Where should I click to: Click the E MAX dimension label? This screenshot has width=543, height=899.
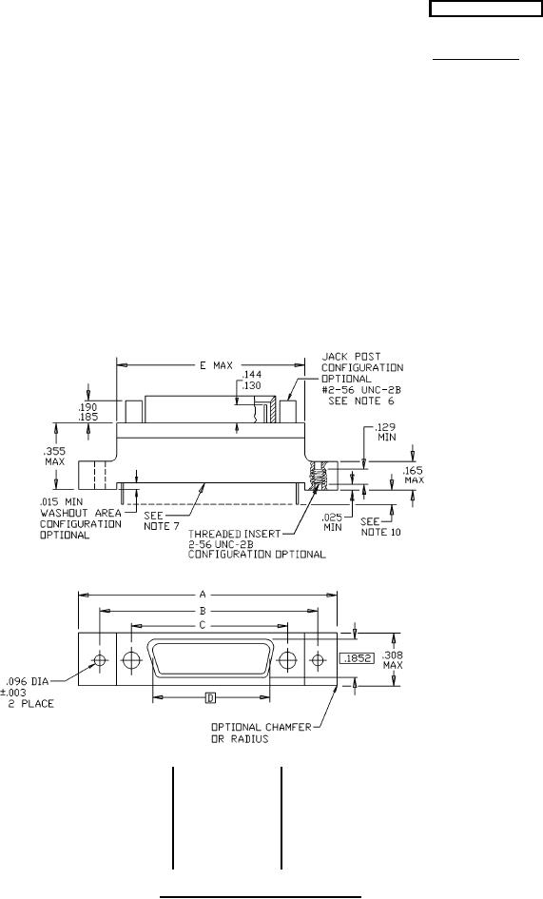pos(216,365)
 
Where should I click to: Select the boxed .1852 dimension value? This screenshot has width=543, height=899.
pos(356,659)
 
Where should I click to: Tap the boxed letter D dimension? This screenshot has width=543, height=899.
pos(211,697)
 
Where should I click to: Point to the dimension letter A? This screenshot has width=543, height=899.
pos(203,596)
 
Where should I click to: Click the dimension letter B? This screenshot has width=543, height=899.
pos(203,611)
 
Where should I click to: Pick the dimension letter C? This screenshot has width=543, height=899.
pos(202,626)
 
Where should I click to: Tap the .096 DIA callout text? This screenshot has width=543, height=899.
pos(28,682)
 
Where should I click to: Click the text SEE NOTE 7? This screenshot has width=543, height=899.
pos(157,520)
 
